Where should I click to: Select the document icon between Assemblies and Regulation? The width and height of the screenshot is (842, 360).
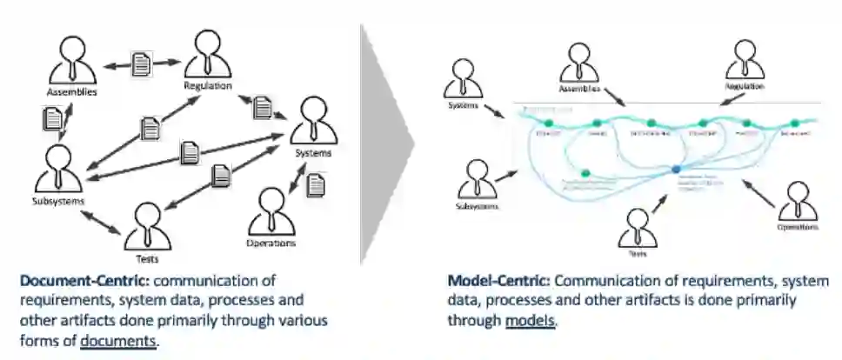point(142,63)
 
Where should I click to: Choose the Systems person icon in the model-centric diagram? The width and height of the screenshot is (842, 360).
point(463,81)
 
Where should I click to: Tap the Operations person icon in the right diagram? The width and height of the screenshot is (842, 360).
point(796,202)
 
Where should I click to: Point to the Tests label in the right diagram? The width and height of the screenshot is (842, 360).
point(638,254)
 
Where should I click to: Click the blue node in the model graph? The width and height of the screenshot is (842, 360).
point(674,168)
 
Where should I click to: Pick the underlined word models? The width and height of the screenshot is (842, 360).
point(530,320)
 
